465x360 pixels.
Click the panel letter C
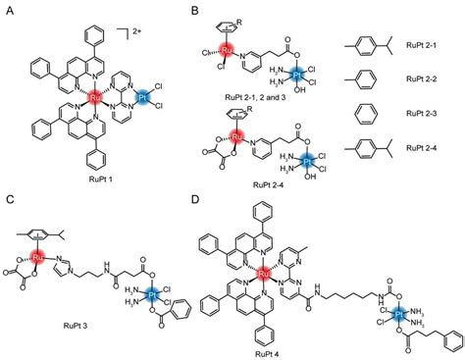[9, 199]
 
